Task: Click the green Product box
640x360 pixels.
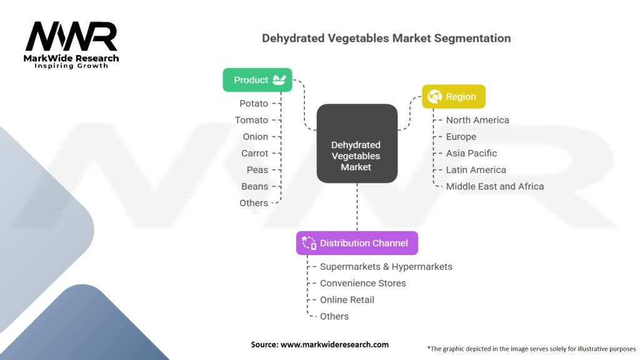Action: pos(257,80)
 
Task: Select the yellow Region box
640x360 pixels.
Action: pos(453,97)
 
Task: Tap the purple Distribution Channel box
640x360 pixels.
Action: pos(357,243)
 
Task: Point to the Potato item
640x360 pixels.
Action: pos(254,104)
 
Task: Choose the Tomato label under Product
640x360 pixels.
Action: pos(251,120)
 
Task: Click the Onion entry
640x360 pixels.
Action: pos(256,137)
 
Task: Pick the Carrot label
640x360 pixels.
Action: pos(254,153)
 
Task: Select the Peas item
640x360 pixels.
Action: pos(257,170)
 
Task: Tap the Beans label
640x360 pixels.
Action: pos(254,186)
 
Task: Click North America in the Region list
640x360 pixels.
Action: pos(477,120)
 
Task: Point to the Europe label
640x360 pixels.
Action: pos(461,137)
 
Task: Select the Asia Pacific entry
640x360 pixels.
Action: pos(472,153)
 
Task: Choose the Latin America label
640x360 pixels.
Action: pos(476,170)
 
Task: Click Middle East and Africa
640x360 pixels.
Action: pos(495,186)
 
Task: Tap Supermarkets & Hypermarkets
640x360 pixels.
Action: pos(386,267)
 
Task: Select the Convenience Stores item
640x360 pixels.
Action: pos(363,283)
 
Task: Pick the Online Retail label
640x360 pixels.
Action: pos(347,300)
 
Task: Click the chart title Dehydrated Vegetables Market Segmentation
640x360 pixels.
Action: pos(386,39)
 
